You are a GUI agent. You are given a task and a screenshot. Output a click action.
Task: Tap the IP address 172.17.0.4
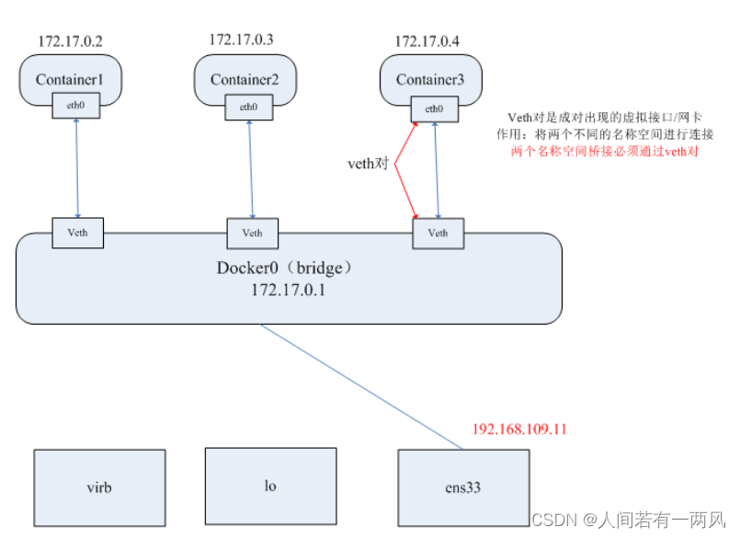pos(428,41)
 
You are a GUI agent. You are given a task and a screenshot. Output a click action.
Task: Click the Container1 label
pos(70,79)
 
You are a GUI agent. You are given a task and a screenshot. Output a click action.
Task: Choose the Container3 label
pos(430,80)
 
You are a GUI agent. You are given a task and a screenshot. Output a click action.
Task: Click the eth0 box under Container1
pos(75,106)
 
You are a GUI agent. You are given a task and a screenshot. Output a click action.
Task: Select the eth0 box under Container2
pos(248,107)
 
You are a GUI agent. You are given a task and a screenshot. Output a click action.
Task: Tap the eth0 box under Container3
pos(434,109)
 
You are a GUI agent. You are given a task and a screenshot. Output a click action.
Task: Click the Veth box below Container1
pos(77,233)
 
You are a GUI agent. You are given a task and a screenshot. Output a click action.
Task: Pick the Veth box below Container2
pos(252,233)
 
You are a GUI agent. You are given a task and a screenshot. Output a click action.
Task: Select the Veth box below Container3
pos(438,233)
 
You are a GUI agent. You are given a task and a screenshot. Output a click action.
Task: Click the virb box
pos(99,487)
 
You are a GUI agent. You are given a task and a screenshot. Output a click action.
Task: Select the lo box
pos(270,486)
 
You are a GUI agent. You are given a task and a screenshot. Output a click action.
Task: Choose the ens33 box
pos(463,487)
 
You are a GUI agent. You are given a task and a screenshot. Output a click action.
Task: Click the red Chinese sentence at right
pos(604,151)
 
